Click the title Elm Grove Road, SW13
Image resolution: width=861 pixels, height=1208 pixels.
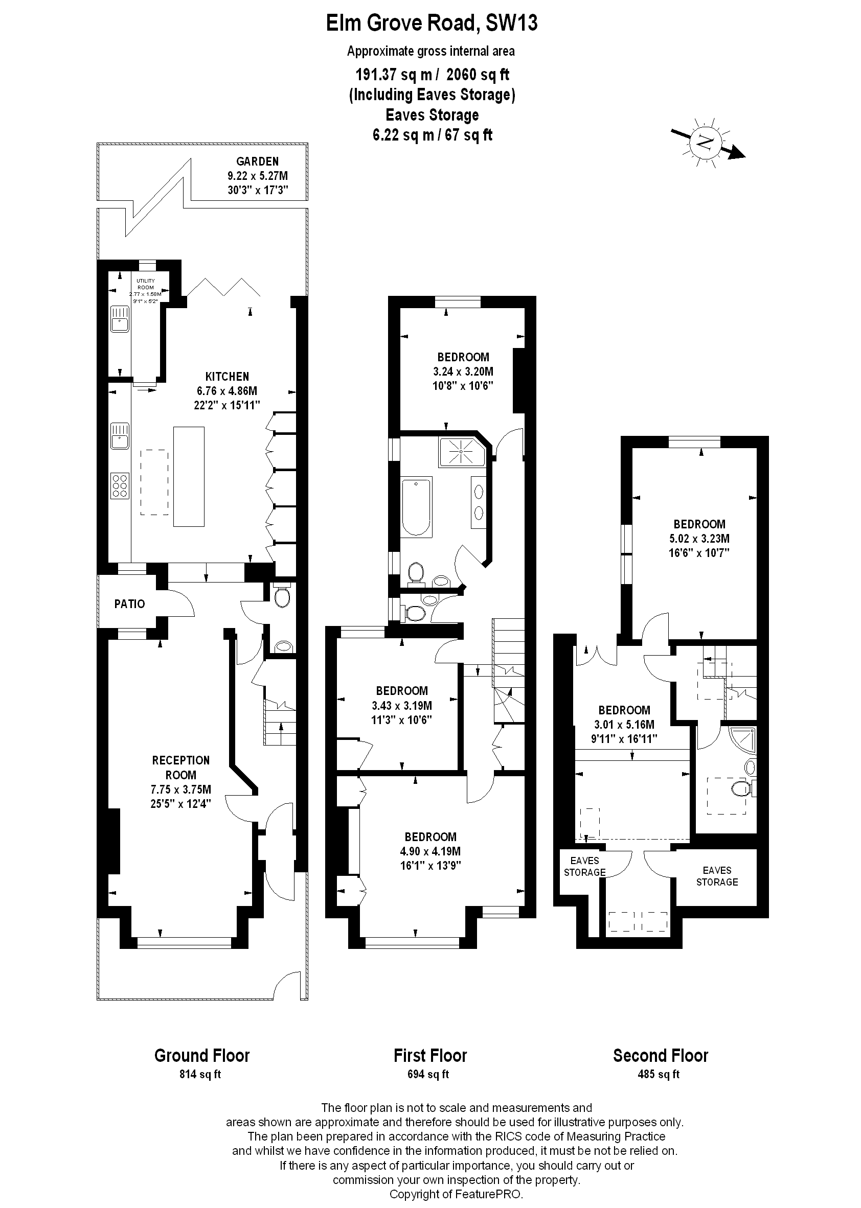click(431, 23)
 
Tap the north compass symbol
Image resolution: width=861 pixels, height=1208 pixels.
click(706, 142)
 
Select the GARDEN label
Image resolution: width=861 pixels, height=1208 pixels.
click(257, 161)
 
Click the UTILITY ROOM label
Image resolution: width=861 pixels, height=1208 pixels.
click(146, 284)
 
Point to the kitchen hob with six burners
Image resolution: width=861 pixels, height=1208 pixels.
click(120, 485)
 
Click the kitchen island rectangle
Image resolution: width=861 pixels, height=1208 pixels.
click(189, 476)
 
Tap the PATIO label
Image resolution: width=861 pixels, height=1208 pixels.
click(129, 604)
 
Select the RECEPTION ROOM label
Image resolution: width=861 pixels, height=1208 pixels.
click(181, 767)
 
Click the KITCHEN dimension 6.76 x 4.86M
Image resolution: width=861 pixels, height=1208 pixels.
click(227, 391)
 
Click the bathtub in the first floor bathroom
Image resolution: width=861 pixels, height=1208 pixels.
click(416, 506)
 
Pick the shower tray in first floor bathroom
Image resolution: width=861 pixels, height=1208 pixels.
click(462, 451)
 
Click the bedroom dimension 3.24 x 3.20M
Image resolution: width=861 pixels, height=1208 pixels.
click(463, 371)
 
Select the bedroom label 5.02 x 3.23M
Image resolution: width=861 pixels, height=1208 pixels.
click(699, 539)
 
